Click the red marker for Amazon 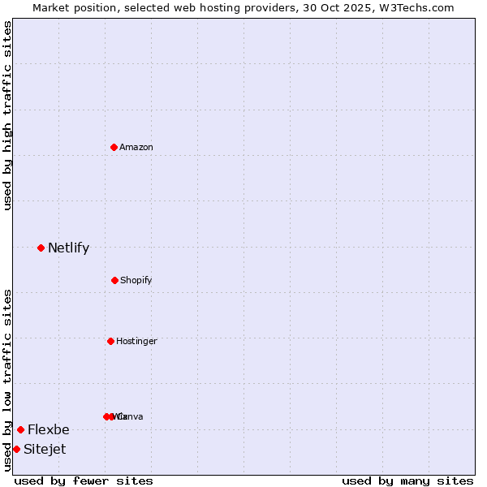pyautogui.click(x=114, y=147)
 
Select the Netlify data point pyautogui.click(x=41, y=248)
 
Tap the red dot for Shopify pyautogui.click(x=114, y=280)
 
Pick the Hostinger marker pyautogui.click(x=110, y=341)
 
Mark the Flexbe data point pyautogui.click(x=20, y=429)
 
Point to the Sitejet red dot pyautogui.click(x=16, y=449)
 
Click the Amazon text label pyautogui.click(x=136, y=147)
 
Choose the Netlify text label pyautogui.click(x=68, y=248)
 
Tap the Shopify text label pyautogui.click(x=136, y=280)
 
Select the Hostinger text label pyautogui.click(x=136, y=341)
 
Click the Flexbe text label pyautogui.click(x=49, y=430)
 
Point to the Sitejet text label pyautogui.click(x=45, y=450)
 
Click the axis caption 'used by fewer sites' pyautogui.click(x=84, y=481)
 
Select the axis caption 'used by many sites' pyautogui.click(x=407, y=481)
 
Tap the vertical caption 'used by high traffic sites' pyautogui.click(x=8, y=115)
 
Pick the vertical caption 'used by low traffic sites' pyautogui.click(x=8, y=380)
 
